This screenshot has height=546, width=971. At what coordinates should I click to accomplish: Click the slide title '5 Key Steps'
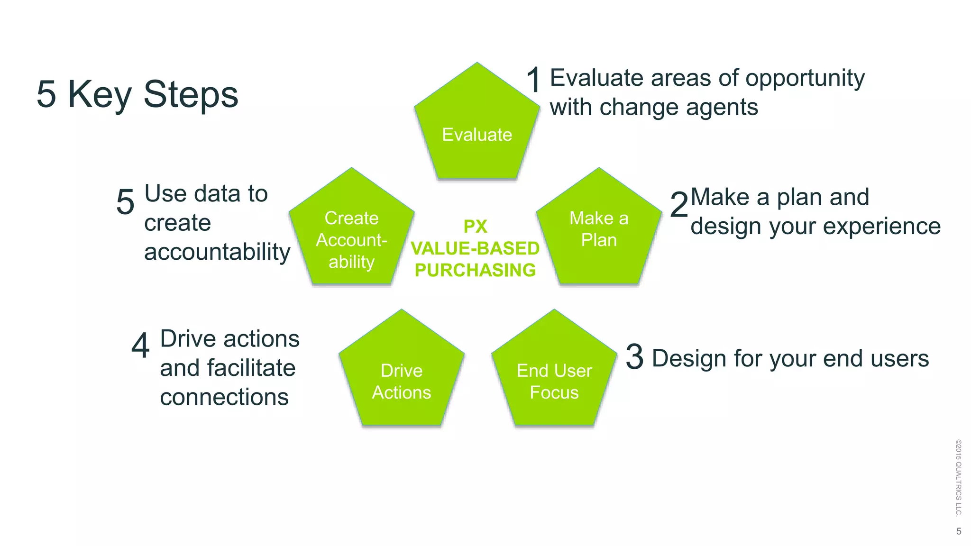pos(137,94)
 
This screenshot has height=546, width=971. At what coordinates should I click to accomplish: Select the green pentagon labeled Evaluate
pos(477,128)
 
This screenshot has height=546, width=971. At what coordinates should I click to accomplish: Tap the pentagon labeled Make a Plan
pos(599,232)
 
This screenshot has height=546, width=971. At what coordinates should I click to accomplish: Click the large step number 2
pos(679,205)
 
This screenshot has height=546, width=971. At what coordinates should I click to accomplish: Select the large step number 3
pos(634,357)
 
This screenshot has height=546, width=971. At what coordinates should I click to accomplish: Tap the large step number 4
pos(140,346)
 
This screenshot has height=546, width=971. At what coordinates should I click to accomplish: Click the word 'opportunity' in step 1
pos(805,78)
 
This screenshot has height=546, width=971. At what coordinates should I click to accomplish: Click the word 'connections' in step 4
pos(224,397)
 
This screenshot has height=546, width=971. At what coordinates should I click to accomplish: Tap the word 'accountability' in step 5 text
pos(217,252)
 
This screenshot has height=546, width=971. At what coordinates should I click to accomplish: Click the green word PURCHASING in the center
pos(475,270)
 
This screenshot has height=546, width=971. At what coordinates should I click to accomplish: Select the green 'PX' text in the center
pos(475,227)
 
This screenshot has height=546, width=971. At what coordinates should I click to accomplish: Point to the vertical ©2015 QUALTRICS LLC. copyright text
pos(958,477)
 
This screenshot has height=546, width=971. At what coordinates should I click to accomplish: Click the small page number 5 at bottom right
pos(959,531)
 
